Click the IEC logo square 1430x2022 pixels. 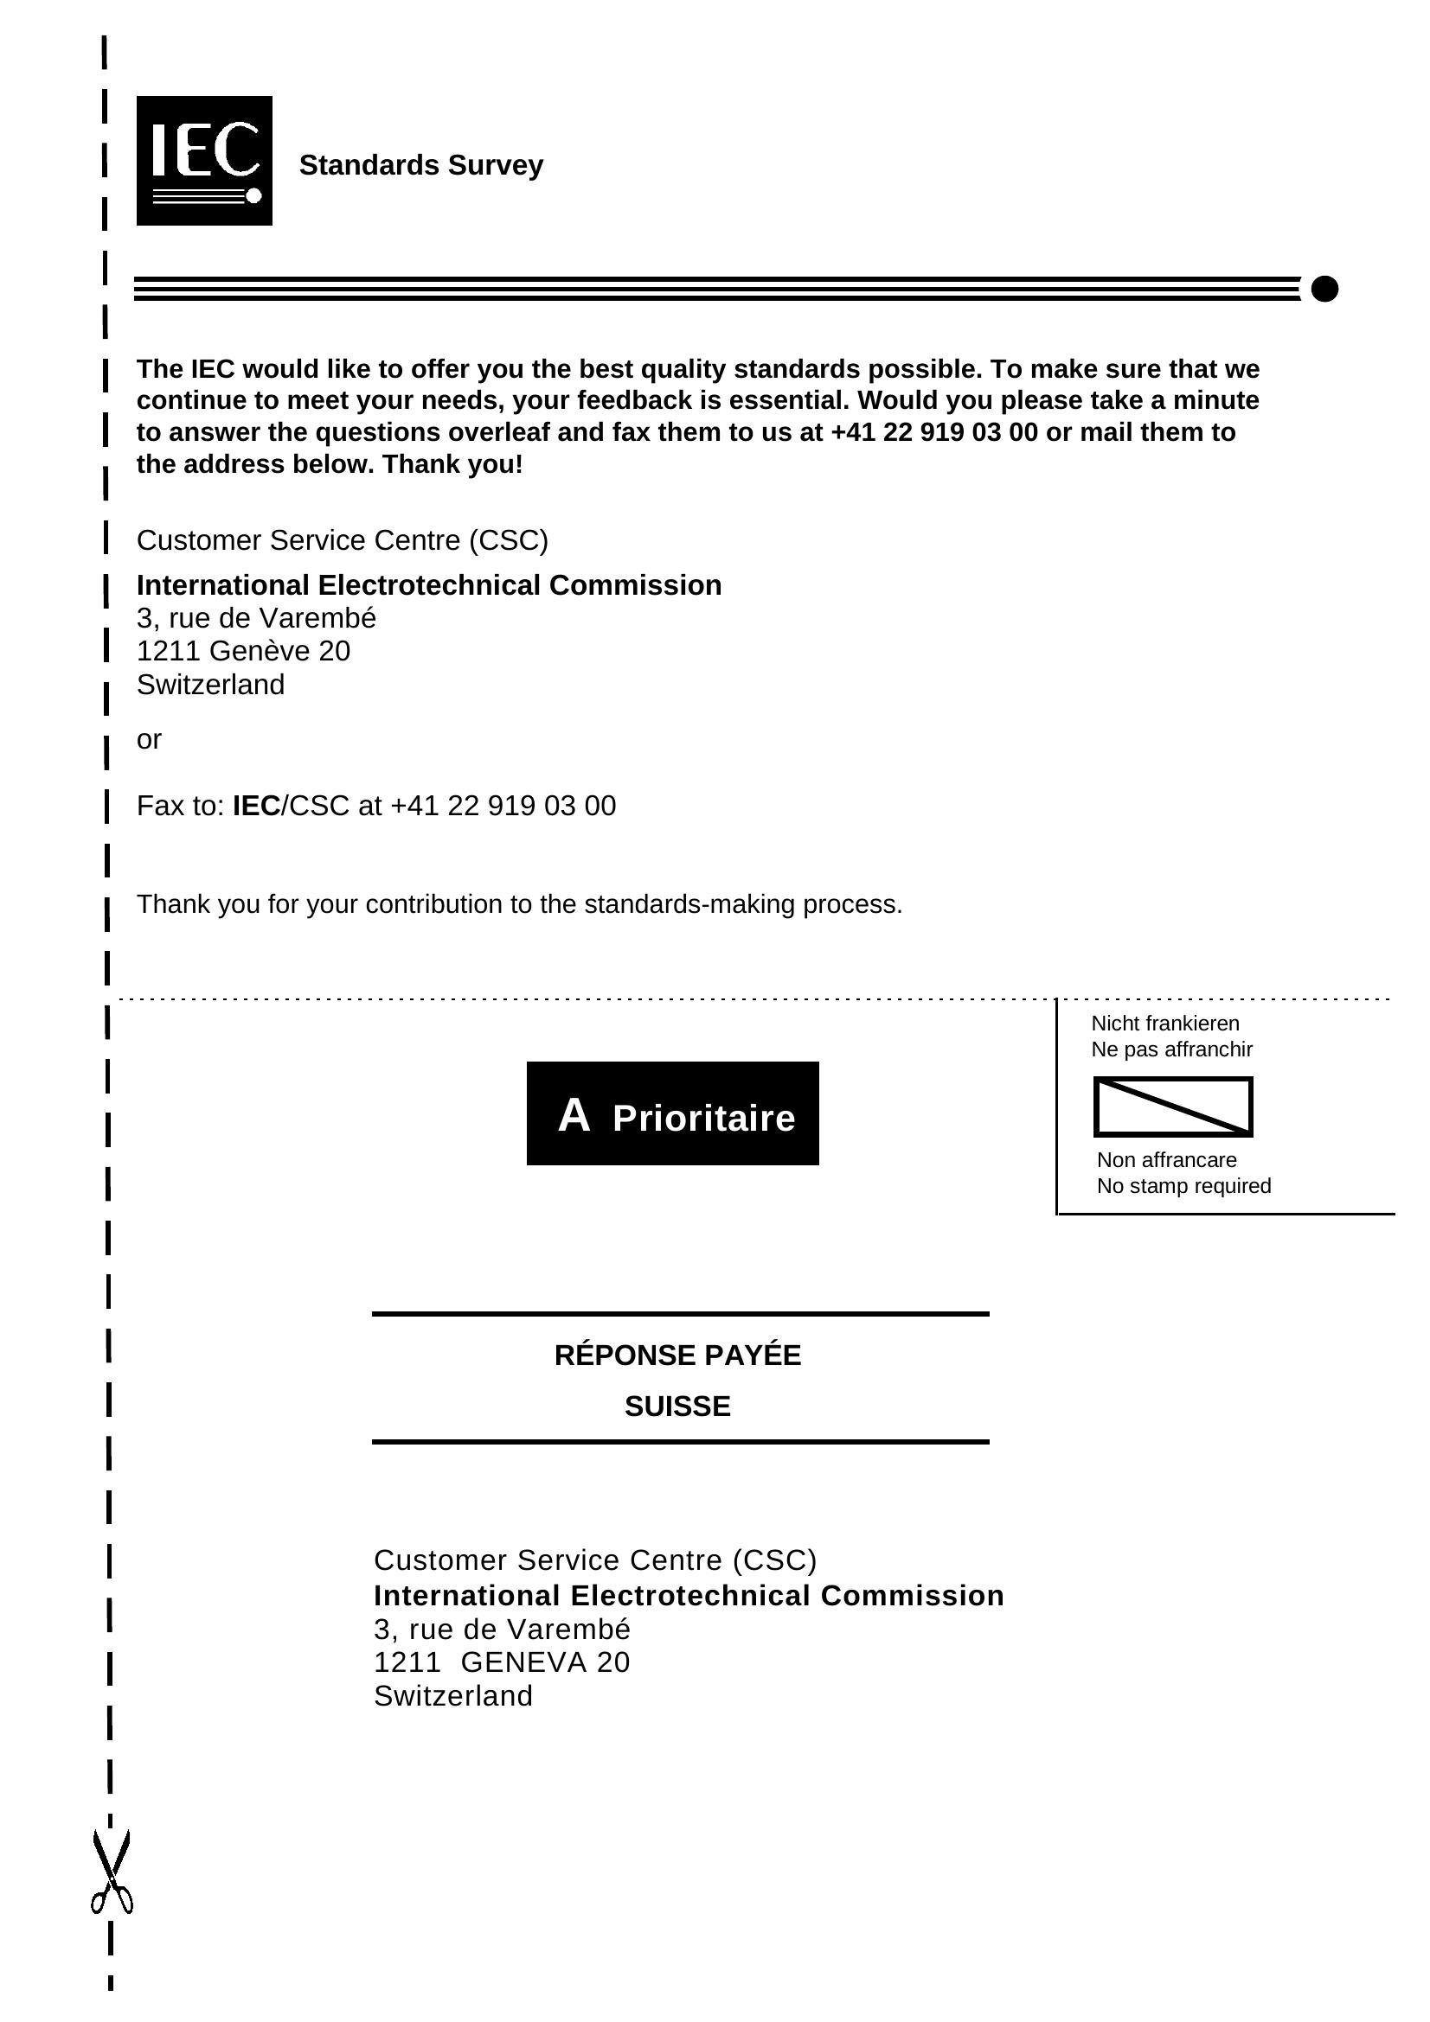click(203, 160)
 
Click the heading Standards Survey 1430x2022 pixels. click(421, 165)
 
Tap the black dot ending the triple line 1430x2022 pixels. click(1324, 288)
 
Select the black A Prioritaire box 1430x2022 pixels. click(672, 1113)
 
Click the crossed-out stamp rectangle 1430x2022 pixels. click(1172, 1107)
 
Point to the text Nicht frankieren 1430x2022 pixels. click(1164, 1023)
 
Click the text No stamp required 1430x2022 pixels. click(1183, 1185)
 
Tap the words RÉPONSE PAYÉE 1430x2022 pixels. click(677, 1355)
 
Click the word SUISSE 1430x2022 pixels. click(677, 1406)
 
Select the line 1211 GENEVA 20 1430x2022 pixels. click(502, 1662)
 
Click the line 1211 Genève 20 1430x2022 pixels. click(243, 651)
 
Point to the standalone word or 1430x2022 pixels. click(149, 739)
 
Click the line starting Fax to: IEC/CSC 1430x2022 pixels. click(376, 806)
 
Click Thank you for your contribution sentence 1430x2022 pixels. click(519, 904)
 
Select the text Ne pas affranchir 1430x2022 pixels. click(1171, 1049)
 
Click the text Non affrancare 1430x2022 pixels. click(1166, 1160)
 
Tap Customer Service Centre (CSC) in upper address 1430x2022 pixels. click(342, 539)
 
